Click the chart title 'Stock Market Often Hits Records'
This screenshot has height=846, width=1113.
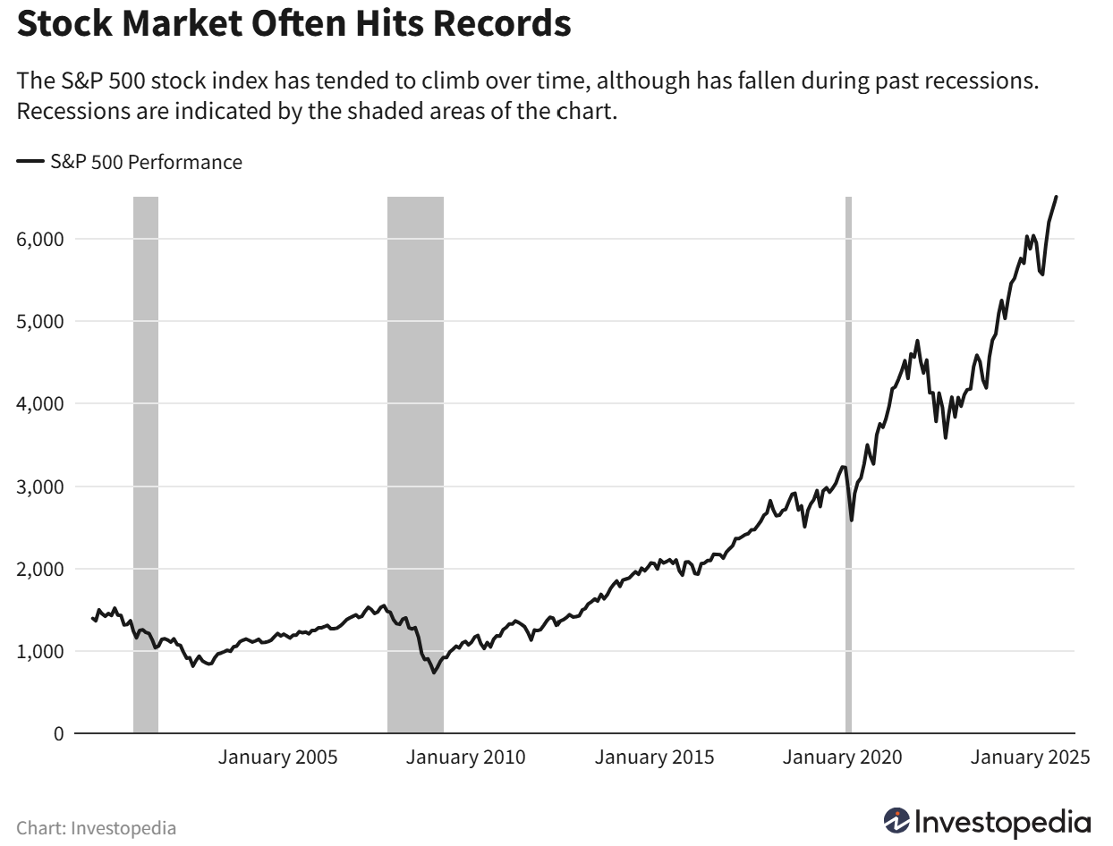click(x=294, y=24)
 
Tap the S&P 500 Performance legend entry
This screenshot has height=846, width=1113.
click(x=130, y=162)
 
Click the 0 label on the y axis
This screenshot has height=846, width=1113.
click(x=59, y=734)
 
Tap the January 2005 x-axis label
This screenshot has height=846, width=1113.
click(x=278, y=757)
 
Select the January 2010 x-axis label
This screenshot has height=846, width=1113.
click(x=466, y=757)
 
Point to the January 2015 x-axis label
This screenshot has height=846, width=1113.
click(x=655, y=757)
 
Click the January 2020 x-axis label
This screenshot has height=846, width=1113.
click(x=843, y=757)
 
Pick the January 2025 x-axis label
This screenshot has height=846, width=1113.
click(x=1031, y=757)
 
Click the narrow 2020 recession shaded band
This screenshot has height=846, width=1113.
click(x=848, y=447)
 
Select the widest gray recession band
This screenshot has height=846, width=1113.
click(x=415, y=447)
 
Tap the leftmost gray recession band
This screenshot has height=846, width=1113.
click(x=146, y=447)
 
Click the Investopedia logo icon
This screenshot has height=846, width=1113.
click(x=896, y=821)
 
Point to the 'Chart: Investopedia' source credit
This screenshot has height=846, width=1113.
click(x=97, y=828)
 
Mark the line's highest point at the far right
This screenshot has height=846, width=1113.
click(x=1056, y=197)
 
